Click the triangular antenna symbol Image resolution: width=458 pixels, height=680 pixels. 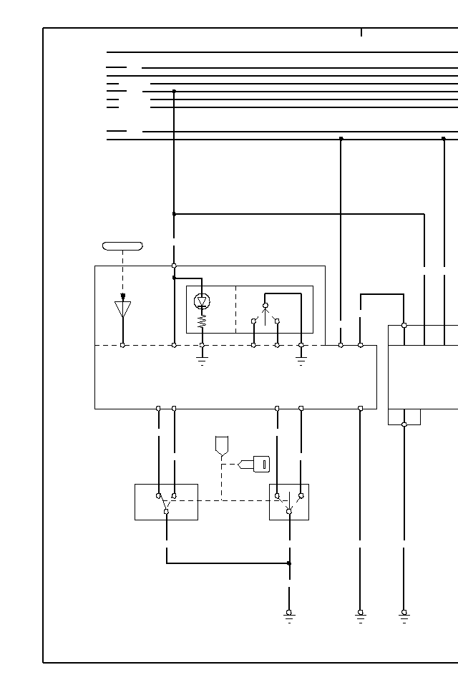(123, 309)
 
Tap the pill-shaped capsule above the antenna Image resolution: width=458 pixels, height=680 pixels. (122, 246)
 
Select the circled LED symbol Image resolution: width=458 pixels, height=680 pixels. (202, 301)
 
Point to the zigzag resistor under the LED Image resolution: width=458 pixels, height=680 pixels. (202, 321)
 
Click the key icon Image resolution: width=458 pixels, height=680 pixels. (260, 464)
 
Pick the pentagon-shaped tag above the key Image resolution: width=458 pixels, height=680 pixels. (221, 445)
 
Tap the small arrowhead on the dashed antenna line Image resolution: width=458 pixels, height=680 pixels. (123, 296)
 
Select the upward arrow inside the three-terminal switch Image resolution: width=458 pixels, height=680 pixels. (265, 314)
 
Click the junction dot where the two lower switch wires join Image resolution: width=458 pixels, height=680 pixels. (289, 563)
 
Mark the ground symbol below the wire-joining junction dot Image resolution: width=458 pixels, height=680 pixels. (289, 616)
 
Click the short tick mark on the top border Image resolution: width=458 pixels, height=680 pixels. (361, 32)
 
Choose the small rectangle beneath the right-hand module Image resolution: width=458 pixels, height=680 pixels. (404, 417)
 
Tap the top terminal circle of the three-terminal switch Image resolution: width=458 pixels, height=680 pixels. (265, 306)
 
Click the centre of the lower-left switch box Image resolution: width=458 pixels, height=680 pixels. (166, 502)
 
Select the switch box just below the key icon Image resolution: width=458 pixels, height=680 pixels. (289, 502)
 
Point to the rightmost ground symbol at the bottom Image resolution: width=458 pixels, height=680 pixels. (404, 616)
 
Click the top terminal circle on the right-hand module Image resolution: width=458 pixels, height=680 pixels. (404, 325)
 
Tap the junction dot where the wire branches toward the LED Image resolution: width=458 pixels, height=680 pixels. (174, 278)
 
